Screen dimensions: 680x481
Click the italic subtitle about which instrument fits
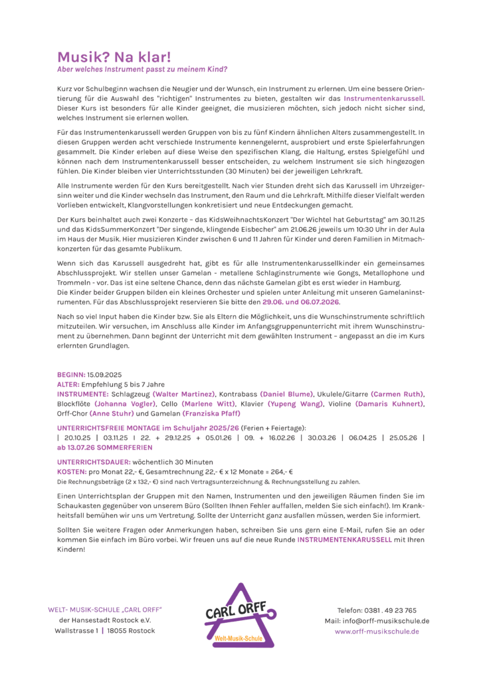pyautogui.click(x=142, y=69)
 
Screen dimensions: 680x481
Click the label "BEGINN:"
pyautogui.click(x=72, y=375)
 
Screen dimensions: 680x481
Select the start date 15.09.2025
pyautogui.click(x=105, y=375)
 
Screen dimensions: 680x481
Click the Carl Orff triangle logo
pyautogui.click(x=239, y=615)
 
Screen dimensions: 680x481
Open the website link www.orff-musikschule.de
pyautogui.click(x=377, y=632)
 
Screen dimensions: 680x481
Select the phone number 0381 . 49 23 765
pyautogui.click(x=391, y=610)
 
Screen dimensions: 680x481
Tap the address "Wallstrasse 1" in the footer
pyautogui.click(x=76, y=630)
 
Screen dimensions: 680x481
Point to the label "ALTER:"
pyautogui.click(x=69, y=384)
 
